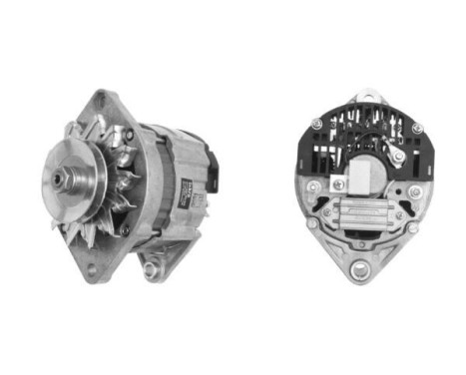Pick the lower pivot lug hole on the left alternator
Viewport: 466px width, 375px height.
pos(153,268)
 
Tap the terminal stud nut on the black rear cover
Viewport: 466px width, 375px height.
pos(397,157)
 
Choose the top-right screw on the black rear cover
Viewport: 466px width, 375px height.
pos(416,128)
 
